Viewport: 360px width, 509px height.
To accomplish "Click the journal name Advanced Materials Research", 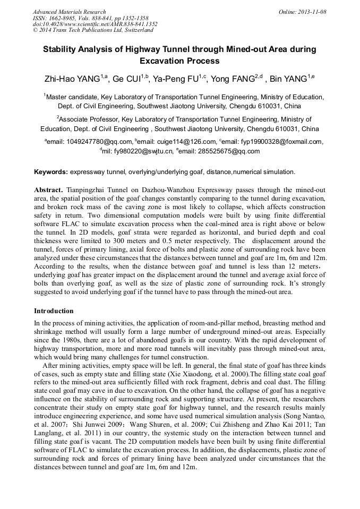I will pos(69,12).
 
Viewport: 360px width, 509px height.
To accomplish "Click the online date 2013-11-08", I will pos(311,12).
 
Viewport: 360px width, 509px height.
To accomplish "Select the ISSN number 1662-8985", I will pos(67,18).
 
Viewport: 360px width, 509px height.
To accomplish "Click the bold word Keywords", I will pos(50,172).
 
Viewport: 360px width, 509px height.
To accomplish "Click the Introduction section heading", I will pos(54,311).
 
